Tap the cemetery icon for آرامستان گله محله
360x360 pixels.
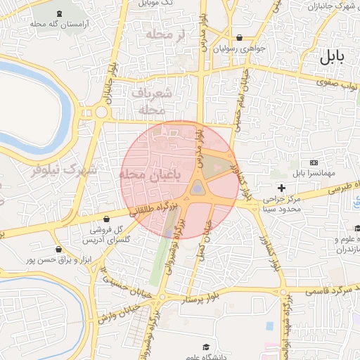(x=57, y=13)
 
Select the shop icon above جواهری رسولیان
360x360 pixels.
(x=240, y=38)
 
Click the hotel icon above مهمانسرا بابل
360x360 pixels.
(x=313, y=162)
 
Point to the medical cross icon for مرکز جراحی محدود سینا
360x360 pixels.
(x=282, y=188)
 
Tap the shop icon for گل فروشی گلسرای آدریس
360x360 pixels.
(x=105, y=219)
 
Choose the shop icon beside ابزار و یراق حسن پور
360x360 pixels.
(x=58, y=249)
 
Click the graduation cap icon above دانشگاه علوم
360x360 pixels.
(x=206, y=347)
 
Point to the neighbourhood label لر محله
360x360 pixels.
(x=165, y=34)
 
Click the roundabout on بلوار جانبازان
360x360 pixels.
(x=101, y=111)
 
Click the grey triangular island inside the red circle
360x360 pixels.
(x=198, y=188)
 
